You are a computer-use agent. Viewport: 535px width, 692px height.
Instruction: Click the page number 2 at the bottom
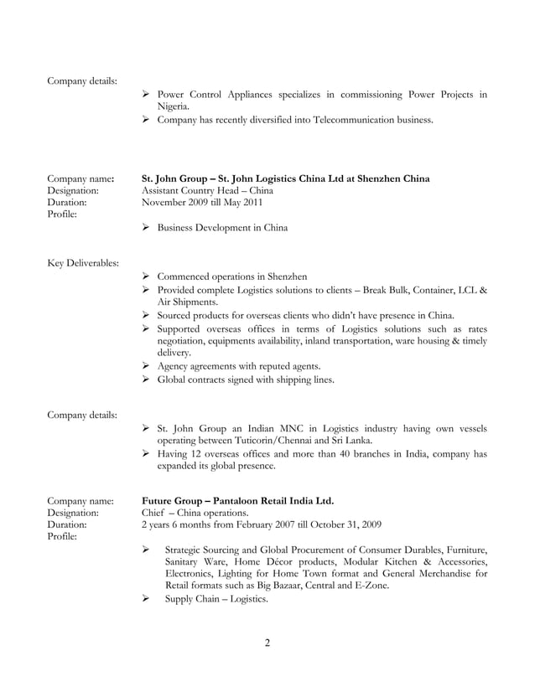267,643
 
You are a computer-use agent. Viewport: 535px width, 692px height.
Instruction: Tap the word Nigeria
173,106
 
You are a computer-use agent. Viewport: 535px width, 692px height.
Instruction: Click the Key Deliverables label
83,263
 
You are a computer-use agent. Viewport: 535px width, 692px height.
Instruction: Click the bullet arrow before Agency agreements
146,366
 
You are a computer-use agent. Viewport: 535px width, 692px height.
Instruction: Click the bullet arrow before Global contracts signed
146,380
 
